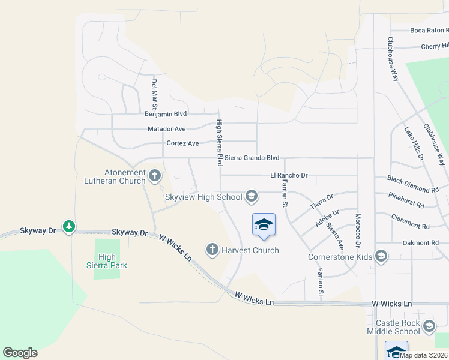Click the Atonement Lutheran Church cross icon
[155, 176]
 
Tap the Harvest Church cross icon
[212, 249]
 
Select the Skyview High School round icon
[252, 196]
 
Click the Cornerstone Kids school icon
[381, 257]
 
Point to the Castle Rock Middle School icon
[429, 326]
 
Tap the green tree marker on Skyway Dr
[70, 226]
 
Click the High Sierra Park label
[107, 261]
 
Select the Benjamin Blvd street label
[166, 113]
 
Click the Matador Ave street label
[166, 129]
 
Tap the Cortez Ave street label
[182, 143]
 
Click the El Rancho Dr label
[288, 175]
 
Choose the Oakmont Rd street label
[417, 243]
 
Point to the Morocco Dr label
[357, 232]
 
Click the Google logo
[20, 353]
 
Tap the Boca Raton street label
[429, 30]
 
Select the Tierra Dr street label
[321, 201]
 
